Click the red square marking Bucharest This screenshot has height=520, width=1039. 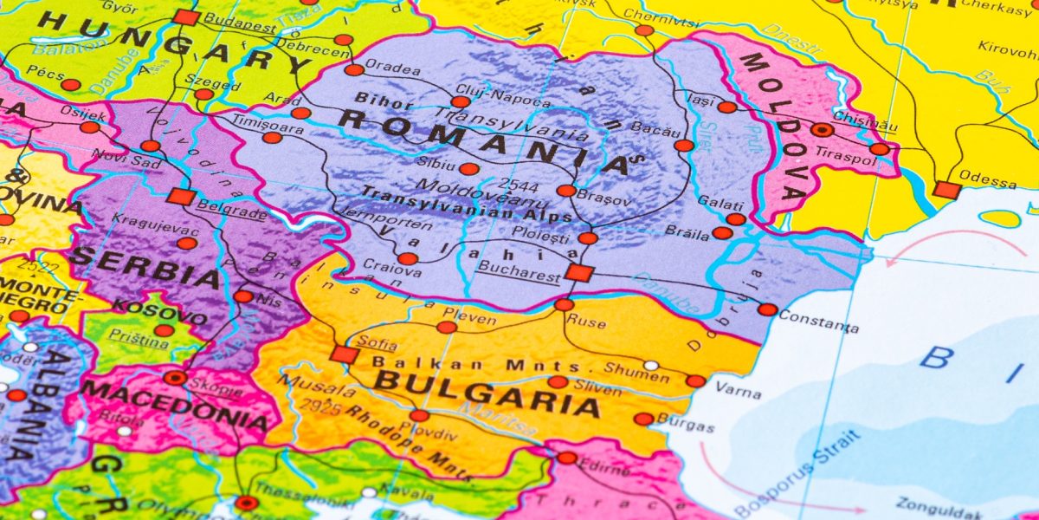(578, 274)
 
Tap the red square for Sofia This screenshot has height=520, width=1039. (344, 354)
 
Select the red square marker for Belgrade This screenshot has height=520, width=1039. (181, 197)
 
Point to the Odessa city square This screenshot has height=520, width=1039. (946, 190)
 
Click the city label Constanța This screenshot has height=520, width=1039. (818, 322)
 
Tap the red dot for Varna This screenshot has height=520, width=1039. (696, 381)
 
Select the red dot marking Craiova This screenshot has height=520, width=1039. (408, 258)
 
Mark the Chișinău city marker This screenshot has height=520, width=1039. (822, 131)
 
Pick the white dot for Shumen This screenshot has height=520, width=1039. (650, 366)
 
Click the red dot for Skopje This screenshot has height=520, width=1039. (176, 378)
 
